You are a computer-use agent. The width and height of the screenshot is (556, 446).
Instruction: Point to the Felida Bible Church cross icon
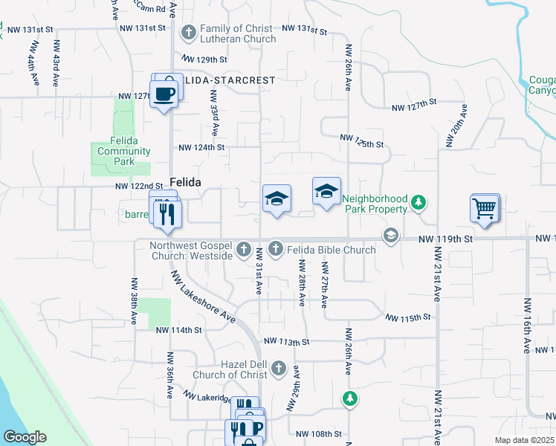tap(276, 248)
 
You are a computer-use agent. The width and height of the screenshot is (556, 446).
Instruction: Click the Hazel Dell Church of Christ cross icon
tap(279, 368)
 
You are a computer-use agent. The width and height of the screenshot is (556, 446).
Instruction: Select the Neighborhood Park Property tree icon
tap(419, 201)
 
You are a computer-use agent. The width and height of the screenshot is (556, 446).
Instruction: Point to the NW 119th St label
tap(445, 239)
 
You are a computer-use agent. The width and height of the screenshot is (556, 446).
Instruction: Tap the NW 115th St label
tap(408, 317)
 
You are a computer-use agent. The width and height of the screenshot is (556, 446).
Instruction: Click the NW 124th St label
tap(201, 147)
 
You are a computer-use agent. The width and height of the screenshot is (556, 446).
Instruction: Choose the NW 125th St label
tap(361, 138)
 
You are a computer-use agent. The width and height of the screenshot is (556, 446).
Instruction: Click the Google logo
tap(25, 437)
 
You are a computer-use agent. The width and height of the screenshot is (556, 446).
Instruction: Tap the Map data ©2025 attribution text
tap(524, 440)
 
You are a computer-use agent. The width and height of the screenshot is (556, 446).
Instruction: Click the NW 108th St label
tap(318, 433)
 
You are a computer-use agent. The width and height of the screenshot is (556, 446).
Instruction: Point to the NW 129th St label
tap(204, 59)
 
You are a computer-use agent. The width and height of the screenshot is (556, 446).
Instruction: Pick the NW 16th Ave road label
tap(527, 325)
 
